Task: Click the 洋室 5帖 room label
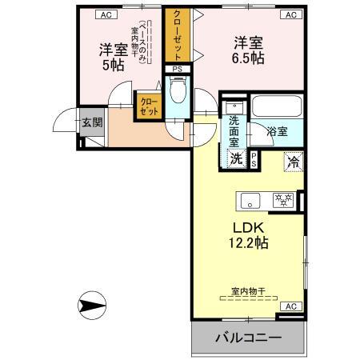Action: coord(112,56)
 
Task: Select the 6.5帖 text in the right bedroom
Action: coord(246,59)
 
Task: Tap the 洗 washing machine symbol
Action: coord(236,158)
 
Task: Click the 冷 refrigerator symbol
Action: coord(293,159)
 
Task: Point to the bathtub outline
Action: coord(276,106)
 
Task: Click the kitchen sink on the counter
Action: coord(248,200)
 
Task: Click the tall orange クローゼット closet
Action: coord(178,36)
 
